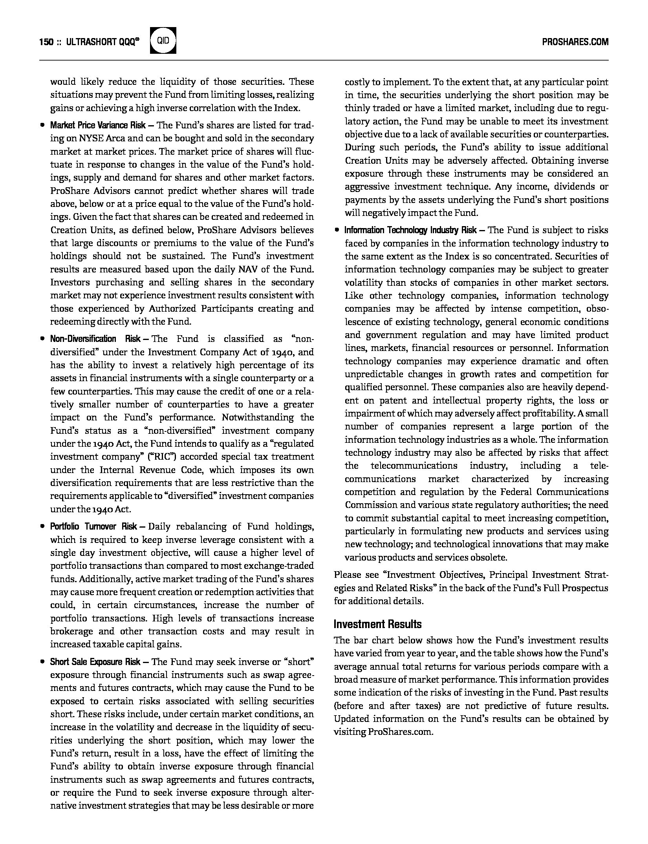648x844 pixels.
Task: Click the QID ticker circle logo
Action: click(163, 40)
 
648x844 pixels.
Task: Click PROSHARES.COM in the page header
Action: click(575, 42)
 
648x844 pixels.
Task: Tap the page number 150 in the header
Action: click(46, 42)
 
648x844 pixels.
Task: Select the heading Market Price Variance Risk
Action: click(98, 125)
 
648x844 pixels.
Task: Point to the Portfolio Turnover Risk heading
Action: click(93, 526)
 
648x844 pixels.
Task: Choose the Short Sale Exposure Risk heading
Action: click(95, 661)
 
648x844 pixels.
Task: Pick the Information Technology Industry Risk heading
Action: click(410, 230)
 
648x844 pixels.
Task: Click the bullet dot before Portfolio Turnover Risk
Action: click(42, 527)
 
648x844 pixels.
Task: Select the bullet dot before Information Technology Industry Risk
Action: click(337, 230)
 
